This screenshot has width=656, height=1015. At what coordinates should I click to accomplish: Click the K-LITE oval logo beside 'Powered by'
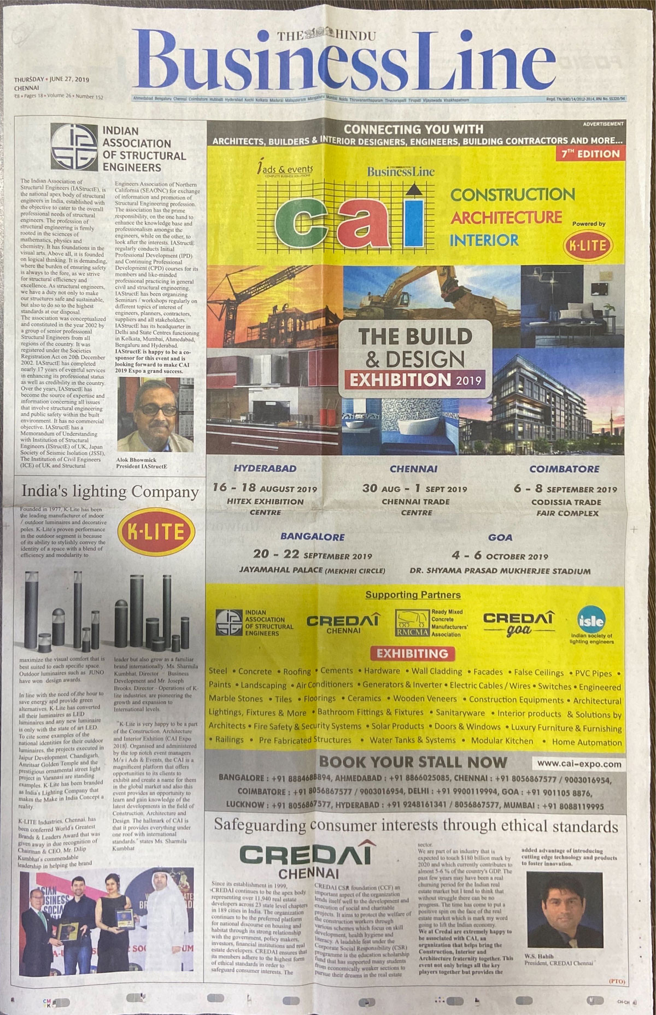(x=588, y=245)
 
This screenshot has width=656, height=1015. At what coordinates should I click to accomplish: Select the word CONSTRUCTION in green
(x=512, y=194)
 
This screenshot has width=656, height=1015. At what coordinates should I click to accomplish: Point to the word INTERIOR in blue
(x=484, y=239)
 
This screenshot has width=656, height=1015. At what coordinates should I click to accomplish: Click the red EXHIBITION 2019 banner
(x=413, y=379)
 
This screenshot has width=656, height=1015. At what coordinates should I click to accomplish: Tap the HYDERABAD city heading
(x=265, y=468)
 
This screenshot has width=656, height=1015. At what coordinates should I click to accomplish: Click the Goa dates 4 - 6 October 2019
(x=500, y=556)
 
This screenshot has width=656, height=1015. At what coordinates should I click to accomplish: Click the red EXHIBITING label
(x=412, y=653)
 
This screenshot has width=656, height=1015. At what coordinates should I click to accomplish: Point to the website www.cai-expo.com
(x=579, y=764)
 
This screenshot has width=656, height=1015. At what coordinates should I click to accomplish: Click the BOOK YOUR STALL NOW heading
(x=413, y=762)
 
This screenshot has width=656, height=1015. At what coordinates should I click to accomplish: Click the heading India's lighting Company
(x=109, y=492)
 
